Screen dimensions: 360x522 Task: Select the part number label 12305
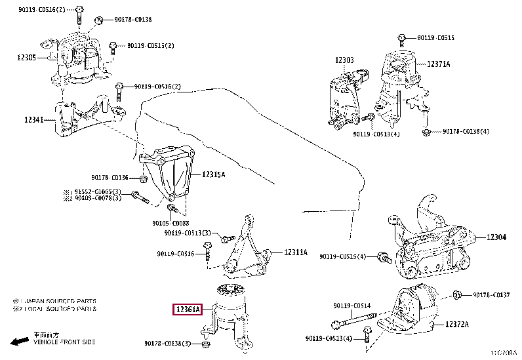pos(28,58)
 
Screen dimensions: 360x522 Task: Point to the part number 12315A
pos(213,174)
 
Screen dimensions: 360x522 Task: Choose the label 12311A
pos(295,252)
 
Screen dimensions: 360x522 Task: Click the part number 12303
pos(344,60)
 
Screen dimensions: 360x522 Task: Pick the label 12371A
pos(439,64)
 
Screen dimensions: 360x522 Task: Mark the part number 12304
pos(496,237)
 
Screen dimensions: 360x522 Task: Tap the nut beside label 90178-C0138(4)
pos(425,132)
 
